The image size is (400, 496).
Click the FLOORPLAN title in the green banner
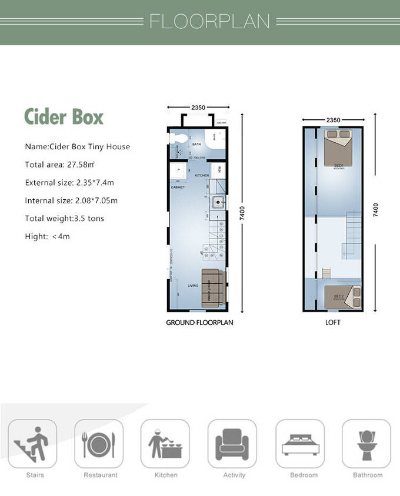click(x=209, y=21)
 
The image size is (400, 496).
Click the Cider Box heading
click(x=64, y=116)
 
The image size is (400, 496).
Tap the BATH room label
click(x=196, y=144)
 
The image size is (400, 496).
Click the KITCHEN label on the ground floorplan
click(x=202, y=176)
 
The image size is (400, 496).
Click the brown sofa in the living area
click(x=213, y=289)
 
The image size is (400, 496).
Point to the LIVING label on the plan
click(x=193, y=286)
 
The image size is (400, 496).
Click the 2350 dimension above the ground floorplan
click(x=198, y=108)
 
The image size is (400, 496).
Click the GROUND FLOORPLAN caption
click(x=199, y=323)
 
